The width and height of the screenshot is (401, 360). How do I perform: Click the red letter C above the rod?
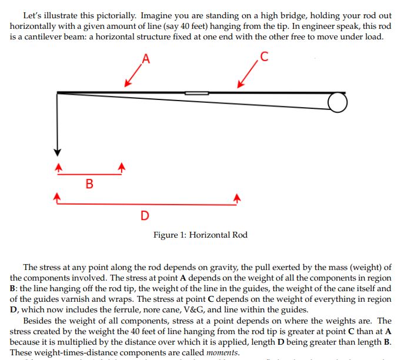(x=264, y=57)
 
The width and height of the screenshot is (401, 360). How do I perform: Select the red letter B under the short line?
(x=89, y=184)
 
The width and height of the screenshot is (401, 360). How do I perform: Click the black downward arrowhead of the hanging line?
(x=58, y=149)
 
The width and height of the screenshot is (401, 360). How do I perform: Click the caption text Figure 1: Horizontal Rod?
(x=200, y=235)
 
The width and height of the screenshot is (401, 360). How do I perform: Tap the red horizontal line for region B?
(x=89, y=174)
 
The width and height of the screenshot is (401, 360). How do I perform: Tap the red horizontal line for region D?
(x=147, y=204)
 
